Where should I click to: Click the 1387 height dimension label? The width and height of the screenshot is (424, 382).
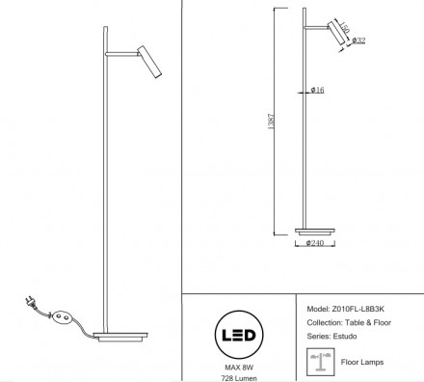(x=272, y=122)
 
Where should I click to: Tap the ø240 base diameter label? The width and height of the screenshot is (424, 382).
(x=315, y=243)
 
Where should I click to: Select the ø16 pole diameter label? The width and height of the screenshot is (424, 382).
(x=318, y=90)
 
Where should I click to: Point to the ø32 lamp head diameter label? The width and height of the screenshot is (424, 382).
(x=358, y=41)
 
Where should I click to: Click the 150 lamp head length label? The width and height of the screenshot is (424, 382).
(x=344, y=27)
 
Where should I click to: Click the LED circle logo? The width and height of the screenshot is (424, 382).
(x=239, y=335)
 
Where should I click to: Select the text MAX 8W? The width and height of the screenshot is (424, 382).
(x=239, y=368)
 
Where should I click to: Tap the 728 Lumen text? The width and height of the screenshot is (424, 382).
(x=239, y=378)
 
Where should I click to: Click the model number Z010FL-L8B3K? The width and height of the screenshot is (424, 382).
(x=358, y=309)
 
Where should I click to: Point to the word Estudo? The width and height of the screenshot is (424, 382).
(x=345, y=337)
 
